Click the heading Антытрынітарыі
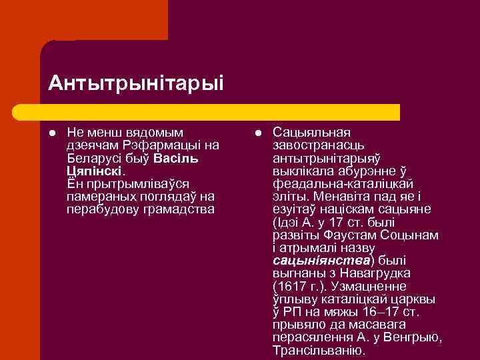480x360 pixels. pyautogui.click(x=136, y=83)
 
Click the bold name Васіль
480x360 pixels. pyautogui.click(x=175, y=159)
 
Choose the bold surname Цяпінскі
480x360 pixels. pyautogui.click(x=93, y=171)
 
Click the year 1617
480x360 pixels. pyautogui.click(x=291, y=286)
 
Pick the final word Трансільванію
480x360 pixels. pyautogui.click(x=319, y=350)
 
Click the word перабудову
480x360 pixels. pyautogui.click(x=99, y=209)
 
